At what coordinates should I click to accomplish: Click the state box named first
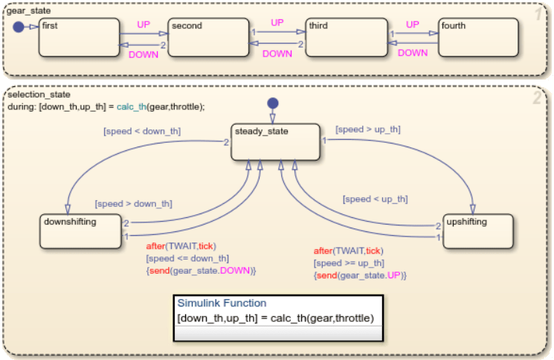pyautogui.click(x=79, y=37)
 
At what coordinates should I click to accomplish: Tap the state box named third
pyautogui.click(x=347, y=37)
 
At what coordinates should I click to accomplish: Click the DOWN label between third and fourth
pyautogui.click(x=413, y=53)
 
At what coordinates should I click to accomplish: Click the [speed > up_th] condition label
pyautogui.click(x=368, y=129)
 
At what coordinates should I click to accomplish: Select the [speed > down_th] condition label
pyautogui.click(x=133, y=203)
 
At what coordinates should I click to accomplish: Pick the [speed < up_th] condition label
pyautogui.click(x=375, y=199)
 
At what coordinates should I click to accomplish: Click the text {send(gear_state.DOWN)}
pyautogui.click(x=201, y=271)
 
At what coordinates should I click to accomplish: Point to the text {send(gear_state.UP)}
pyautogui.click(x=360, y=275)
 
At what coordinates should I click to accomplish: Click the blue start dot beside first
pyautogui.click(x=18, y=27)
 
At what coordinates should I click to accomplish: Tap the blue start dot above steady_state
pyautogui.click(x=273, y=102)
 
